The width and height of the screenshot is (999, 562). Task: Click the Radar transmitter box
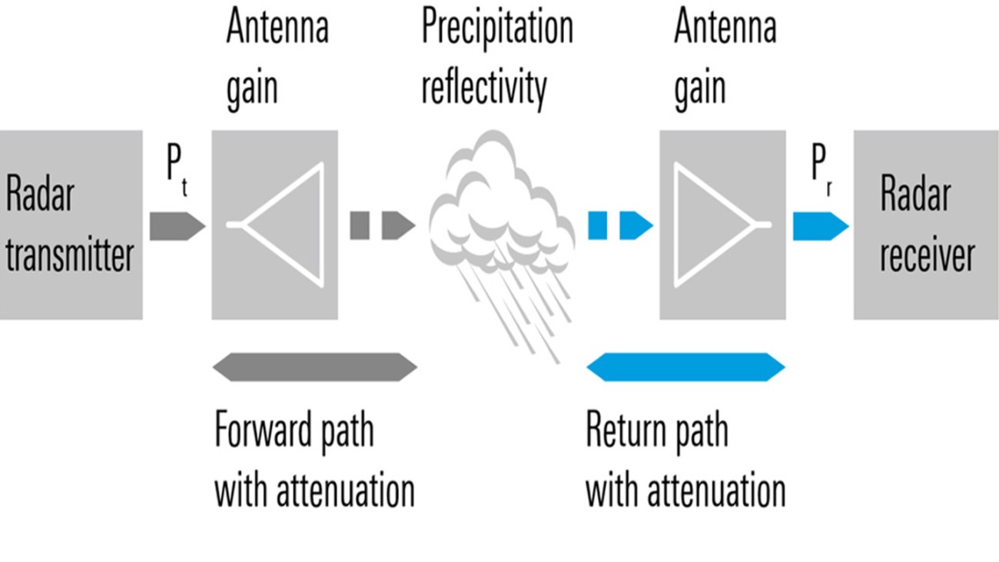(71, 224)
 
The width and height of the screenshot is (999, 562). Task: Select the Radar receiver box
(925, 224)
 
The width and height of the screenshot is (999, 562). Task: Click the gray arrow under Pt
(177, 226)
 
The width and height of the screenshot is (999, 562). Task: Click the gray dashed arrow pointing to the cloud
(382, 226)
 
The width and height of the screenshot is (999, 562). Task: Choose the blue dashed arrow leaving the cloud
(619, 226)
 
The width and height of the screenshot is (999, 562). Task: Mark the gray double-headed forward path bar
(314, 367)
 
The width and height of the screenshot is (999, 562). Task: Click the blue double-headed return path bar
(685, 367)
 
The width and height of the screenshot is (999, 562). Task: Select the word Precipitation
(497, 29)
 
